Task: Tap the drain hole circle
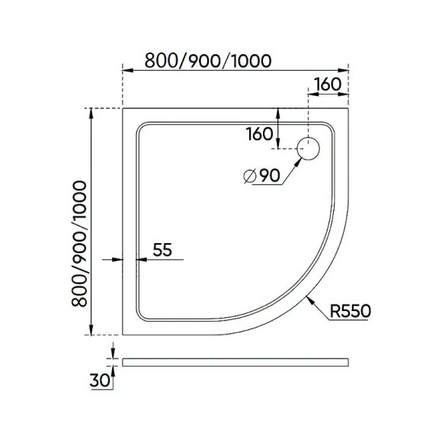click(x=310, y=149)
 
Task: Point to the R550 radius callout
click(x=351, y=311)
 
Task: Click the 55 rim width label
click(x=162, y=248)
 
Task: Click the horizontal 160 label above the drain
click(x=326, y=85)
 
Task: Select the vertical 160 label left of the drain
click(x=259, y=134)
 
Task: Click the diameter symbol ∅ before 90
click(x=248, y=176)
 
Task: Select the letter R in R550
click(x=336, y=311)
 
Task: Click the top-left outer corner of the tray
click(x=123, y=108)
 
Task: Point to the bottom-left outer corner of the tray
click(x=123, y=335)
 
